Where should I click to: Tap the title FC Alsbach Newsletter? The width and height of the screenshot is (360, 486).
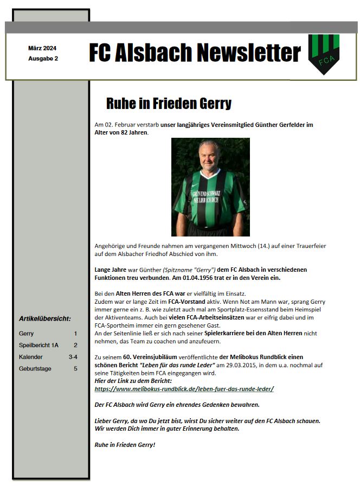tap(195, 53)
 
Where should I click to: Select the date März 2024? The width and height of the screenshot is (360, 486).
tap(42, 48)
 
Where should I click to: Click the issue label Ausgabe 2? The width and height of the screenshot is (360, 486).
tap(43, 58)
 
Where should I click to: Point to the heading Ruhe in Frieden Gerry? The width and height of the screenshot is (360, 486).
tap(169, 104)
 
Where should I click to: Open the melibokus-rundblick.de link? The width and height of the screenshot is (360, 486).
tap(184, 389)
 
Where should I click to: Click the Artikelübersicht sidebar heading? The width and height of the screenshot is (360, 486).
tap(44, 318)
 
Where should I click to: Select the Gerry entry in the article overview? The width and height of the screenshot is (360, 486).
tap(26, 334)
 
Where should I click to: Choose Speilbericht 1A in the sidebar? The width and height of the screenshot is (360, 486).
tap(38, 345)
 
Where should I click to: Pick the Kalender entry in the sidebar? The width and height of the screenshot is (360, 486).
tap(31, 357)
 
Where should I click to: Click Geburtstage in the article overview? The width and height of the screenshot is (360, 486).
tap(35, 369)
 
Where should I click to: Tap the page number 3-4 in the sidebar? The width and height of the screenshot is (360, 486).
tap(73, 357)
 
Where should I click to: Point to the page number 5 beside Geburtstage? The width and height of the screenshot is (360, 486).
tap(75, 369)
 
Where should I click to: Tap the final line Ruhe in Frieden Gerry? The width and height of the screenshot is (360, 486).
tap(125, 445)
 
